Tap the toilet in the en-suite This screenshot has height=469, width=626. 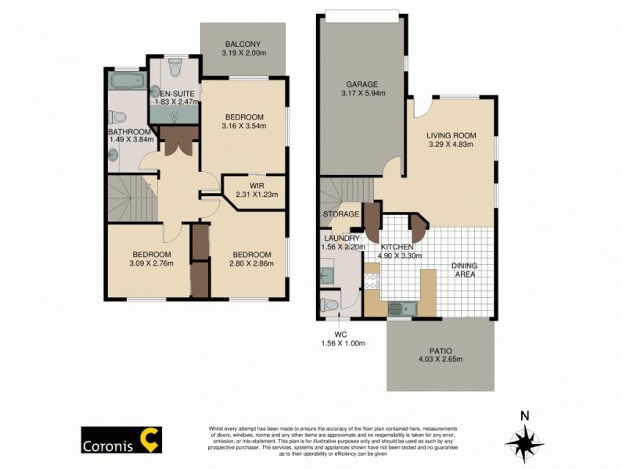pos(174,67)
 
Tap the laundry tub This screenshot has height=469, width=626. pos(328,275)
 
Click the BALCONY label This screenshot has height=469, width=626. pos(243,44)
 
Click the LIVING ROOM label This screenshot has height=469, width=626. pos(451,134)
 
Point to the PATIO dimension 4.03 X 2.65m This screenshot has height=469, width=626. pos(441,360)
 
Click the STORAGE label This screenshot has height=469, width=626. pos(341,213)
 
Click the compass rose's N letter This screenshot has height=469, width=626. pos(525,416)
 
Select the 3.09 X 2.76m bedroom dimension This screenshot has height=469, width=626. pos(148,263)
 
